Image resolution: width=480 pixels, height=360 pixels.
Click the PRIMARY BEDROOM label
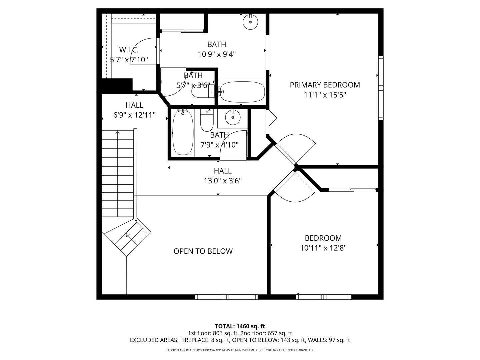tap(325, 85)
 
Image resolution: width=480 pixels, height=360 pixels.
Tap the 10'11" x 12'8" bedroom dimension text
tap(323, 248)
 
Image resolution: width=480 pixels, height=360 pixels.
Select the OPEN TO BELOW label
tap(203, 251)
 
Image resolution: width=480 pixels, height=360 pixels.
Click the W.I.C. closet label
tap(129, 50)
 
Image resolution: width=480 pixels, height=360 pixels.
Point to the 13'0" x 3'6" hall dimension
tap(223, 181)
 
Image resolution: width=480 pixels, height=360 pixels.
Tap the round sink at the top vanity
tap(250, 22)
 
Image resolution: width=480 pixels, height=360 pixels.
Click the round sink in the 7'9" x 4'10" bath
tap(232, 117)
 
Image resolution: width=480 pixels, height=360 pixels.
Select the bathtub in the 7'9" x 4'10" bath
tap(183, 133)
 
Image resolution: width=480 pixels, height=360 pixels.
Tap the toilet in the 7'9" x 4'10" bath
tap(206, 121)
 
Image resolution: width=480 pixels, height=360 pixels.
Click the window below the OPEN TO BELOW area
tap(226, 297)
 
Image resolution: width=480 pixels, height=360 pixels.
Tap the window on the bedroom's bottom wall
tap(324, 297)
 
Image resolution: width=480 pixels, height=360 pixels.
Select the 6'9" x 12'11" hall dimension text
tap(134, 115)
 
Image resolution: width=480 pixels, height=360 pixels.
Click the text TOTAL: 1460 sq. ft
tap(240, 326)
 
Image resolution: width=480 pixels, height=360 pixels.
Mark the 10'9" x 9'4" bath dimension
tap(217, 54)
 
